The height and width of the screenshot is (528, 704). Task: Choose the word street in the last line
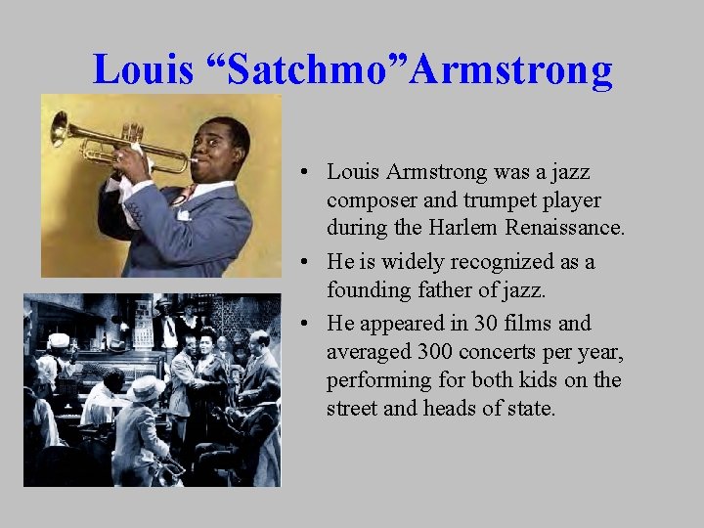[x=352, y=408]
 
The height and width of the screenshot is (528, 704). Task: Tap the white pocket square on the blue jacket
[x=183, y=214]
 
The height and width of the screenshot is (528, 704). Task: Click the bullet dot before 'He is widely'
[x=307, y=262]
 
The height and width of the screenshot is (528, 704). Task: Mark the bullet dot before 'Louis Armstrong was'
[x=307, y=172]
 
